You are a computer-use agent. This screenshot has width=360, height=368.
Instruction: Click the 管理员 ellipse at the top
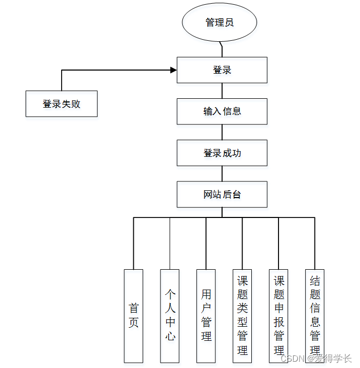click(x=219, y=23)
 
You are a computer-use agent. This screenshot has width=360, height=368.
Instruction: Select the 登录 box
click(x=222, y=70)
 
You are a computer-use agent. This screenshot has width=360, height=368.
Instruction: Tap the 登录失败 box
click(x=62, y=103)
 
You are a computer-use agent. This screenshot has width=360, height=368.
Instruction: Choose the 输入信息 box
click(x=222, y=111)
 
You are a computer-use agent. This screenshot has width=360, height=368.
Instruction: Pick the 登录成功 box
click(x=222, y=153)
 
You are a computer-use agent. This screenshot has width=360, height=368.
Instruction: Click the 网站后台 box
click(x=222, y=194)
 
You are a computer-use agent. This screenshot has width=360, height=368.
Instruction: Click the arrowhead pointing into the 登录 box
click(x=173, y=70)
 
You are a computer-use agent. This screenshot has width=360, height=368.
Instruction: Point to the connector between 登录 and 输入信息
click(x=222, y=91)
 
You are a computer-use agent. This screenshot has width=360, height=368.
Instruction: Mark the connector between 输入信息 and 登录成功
click(x=222, y=132)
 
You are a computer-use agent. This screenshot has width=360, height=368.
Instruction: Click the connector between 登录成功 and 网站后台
click(x=222, y=174)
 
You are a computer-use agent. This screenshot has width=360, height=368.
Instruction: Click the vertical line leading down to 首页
click(x=134, y=243)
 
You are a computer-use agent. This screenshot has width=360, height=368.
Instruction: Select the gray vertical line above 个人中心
click(x=170, y=243)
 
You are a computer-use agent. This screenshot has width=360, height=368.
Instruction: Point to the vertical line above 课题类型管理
click(x=242, y=243)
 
